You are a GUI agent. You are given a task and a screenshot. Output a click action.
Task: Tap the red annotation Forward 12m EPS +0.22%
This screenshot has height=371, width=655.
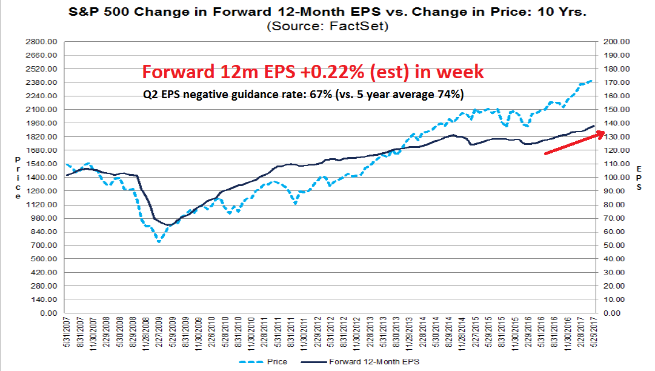tap(313, 72)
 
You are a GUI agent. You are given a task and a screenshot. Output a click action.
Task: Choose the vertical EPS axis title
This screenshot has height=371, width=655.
tap(639, 178)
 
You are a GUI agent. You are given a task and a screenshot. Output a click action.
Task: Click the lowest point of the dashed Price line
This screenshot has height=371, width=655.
tap(159, 242)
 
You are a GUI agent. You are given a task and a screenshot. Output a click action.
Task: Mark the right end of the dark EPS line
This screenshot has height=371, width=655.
tap(594, 125)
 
